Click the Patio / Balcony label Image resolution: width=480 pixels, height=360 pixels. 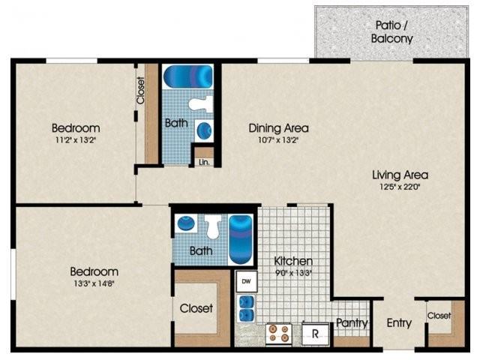391,31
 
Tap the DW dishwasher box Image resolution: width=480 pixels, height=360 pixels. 247,281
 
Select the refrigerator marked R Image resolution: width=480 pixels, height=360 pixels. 315,334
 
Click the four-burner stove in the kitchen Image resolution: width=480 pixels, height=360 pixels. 278,334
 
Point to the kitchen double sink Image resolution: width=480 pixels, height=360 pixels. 247,308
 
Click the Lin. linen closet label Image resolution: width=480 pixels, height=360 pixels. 204,162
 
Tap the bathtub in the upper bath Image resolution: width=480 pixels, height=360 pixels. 188,76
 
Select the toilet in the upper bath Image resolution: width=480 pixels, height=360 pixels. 201,103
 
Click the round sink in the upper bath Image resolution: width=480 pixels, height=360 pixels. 204,130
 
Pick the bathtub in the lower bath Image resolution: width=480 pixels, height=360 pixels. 240,240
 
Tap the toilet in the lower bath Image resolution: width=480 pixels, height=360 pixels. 213,226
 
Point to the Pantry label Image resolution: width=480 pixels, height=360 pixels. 352,323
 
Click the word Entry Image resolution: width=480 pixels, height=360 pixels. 399,323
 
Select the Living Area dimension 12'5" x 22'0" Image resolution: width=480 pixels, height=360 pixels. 400,187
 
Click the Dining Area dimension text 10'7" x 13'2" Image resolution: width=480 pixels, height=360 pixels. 278,140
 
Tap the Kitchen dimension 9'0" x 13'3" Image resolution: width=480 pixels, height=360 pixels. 293,273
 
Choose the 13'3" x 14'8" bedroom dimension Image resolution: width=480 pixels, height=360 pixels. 94,283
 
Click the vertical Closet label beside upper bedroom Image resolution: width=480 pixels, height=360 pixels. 140,91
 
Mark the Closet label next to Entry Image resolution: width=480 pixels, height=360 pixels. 439,316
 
